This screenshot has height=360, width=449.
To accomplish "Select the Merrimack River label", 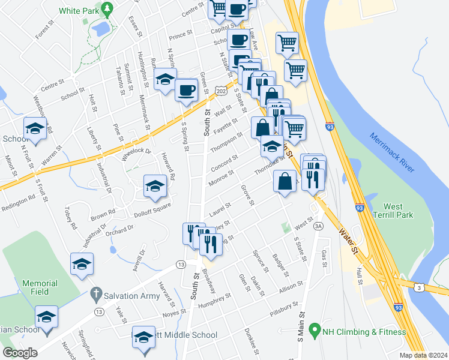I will [x=391, y=152].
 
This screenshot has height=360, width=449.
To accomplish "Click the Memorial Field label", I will [x=40, y=287].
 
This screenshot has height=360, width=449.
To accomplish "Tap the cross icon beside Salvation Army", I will [x=94, y=294].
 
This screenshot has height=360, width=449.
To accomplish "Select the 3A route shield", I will [x=318, y=226].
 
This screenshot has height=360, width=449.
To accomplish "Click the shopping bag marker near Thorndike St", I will [x=285, y=181].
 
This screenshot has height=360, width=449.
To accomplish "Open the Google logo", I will [x=20, y=353].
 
